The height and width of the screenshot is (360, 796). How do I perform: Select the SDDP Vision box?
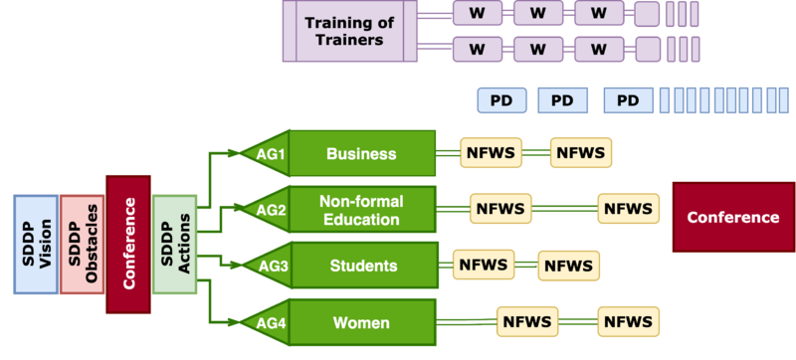tap(36, 245)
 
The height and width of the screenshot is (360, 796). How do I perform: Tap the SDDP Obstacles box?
tap(82, 245)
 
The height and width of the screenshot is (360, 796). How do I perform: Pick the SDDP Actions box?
tap(174, 245)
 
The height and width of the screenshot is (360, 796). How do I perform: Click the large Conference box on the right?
tap(732, 217)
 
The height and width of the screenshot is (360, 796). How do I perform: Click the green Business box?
tap(361, 154)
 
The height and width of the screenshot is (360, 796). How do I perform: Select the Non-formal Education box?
tap(361, 210)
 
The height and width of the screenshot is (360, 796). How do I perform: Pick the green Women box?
tap(361, 322)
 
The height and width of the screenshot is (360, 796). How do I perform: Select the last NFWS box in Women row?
tap(629, 321)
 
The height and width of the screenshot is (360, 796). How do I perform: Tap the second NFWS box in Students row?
tap(568, 266)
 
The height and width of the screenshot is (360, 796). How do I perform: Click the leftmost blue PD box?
tap(501, 100)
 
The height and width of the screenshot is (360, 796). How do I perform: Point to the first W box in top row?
tap(477, 13)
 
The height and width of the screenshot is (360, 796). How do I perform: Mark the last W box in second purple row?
tap(598, 49)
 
